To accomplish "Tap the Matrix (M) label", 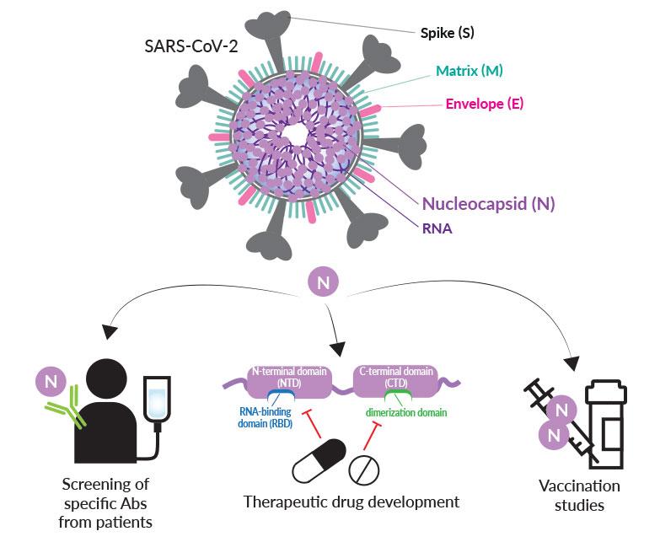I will click(470, 71).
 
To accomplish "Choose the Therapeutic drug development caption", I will click(351, 502).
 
